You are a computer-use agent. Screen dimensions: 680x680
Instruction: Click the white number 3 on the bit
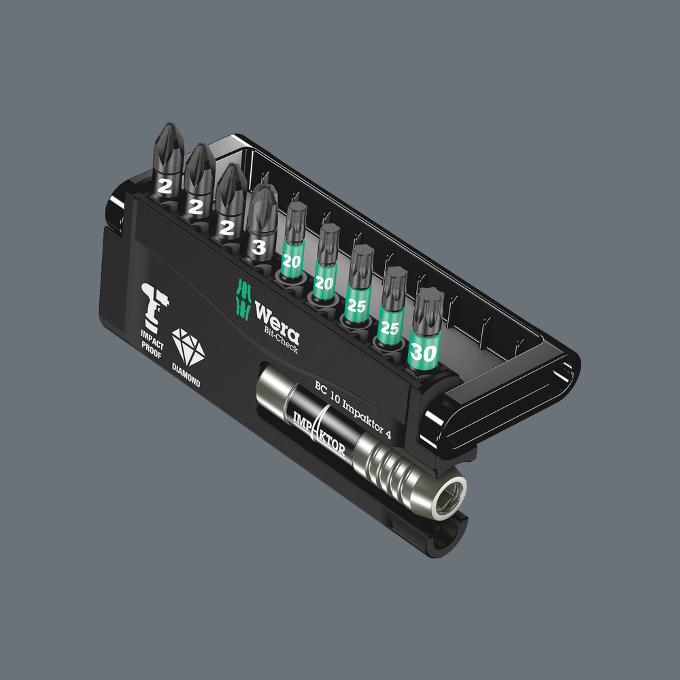click(x=258, y=248)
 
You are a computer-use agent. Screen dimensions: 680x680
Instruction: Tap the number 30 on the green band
click(x=423, y=353)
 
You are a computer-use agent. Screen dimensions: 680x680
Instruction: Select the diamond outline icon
click(x=188, y=347)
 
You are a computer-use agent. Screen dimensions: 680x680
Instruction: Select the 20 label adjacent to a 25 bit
click(x=324, y=283)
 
